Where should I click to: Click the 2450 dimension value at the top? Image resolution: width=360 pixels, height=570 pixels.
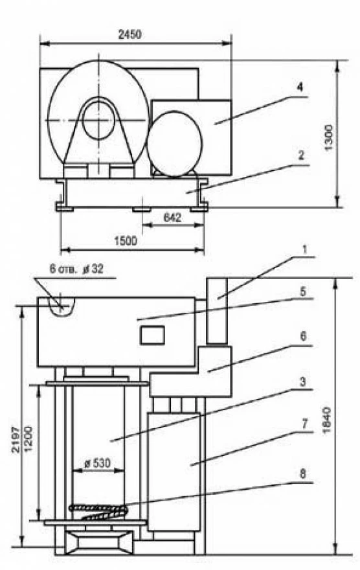click(x=129, y=34)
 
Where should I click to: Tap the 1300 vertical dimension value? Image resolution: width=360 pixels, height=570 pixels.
click(x=328, y=138)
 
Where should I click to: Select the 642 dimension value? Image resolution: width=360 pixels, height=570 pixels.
click(x=172, y=218)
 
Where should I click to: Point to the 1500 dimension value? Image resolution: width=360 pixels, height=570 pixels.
click(x=126, y=241)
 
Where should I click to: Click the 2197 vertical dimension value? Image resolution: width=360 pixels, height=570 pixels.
click(x=16, y=439)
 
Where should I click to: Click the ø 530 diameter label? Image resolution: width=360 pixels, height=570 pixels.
click(x=97, y=463)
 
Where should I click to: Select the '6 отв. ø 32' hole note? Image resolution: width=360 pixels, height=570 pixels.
click(x=76, y=269)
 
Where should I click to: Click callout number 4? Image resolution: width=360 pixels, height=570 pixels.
click(x=299, y=87)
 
